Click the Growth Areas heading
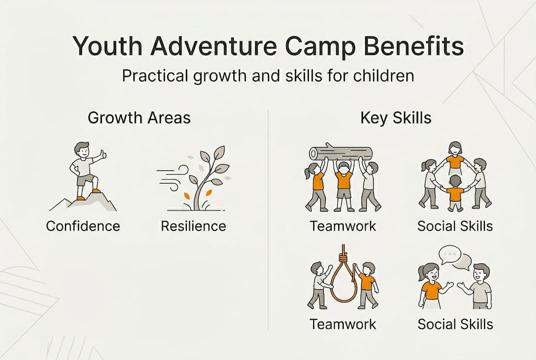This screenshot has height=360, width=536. pos(139,117)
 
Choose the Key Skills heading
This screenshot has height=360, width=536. pos(396,117)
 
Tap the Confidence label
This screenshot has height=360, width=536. pos(83,226)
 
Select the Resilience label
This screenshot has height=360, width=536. pos(193,226)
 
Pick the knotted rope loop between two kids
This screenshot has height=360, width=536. pos(343,280)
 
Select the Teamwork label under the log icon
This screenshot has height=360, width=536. pos(343,226)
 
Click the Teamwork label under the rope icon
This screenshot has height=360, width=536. pos(343,323)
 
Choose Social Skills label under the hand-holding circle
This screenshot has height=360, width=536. pos(455,226)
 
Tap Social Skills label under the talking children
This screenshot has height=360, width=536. pos(455,323)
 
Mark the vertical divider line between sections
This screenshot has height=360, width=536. pos(269,220)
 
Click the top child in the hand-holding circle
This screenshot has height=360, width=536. pos(455,155)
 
